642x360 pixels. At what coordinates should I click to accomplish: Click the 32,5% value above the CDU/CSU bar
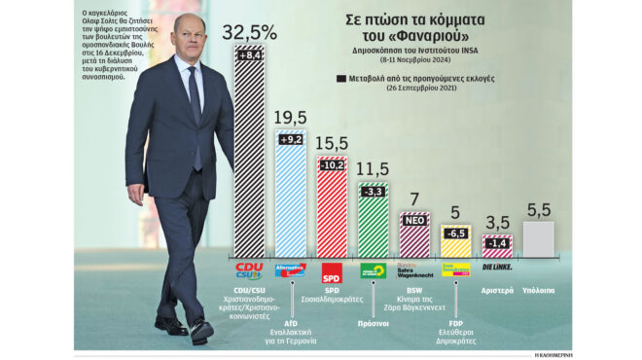tap(249, 31)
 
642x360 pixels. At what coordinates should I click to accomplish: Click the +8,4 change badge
tap(249, 55)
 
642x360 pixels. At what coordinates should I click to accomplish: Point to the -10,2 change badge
tap(333, 164)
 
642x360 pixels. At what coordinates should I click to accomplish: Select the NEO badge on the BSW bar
tap(414, 221)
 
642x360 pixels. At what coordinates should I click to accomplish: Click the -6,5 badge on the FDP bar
tap(455, 234)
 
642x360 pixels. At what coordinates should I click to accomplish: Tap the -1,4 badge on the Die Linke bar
tap(497, 241)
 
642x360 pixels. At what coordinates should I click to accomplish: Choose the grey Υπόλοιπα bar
tap(538, 239)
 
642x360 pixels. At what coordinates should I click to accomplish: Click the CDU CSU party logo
tap(249, 270)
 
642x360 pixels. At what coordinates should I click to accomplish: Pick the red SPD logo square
tap(332, 270)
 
